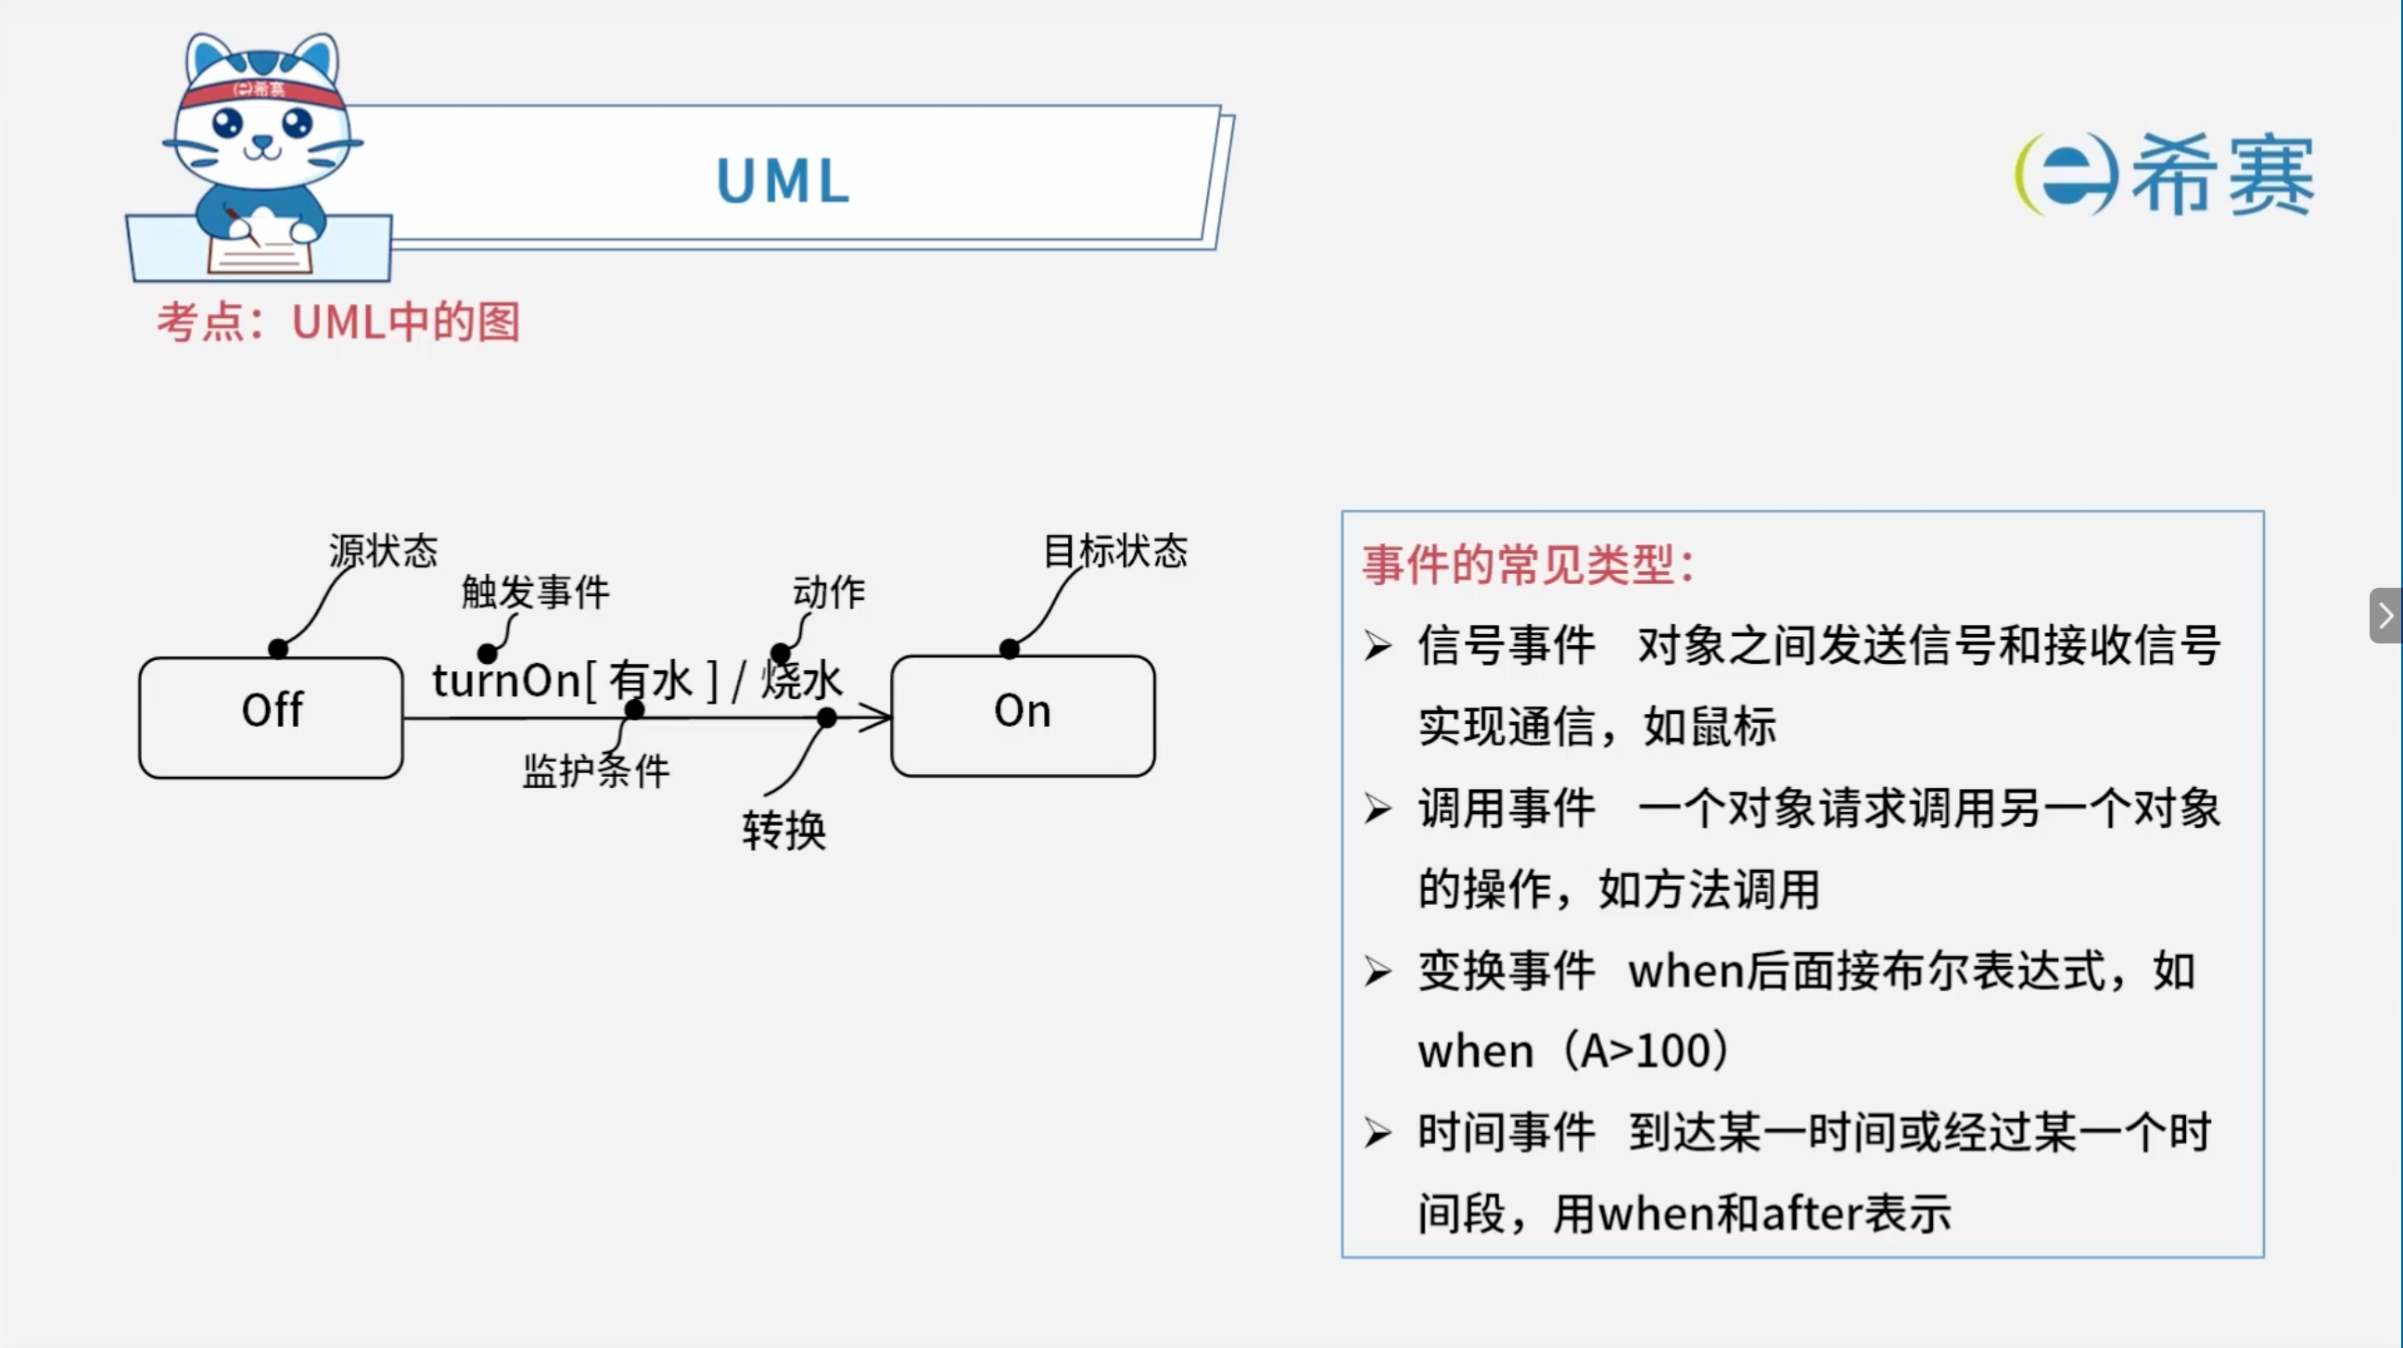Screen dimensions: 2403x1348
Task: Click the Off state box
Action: [271, 718]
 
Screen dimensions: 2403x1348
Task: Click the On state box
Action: [1023, 716]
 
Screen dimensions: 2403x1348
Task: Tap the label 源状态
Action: [384, 551]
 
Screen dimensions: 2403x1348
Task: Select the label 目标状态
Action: [1115, 551]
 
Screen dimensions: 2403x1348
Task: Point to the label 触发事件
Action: [536, 591]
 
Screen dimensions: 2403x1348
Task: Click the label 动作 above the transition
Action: [830, 591]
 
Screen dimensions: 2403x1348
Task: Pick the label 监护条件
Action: [596, 770]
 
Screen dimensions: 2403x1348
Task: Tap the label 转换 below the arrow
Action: [784, 830]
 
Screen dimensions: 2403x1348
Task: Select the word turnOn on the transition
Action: [506, 680]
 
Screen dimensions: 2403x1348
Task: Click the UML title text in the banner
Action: [783, 180]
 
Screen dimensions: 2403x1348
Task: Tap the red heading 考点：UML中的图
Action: [338, 322]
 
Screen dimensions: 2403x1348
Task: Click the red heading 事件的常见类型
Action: [1528, 565]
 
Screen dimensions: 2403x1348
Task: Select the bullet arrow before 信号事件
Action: [1378, 645]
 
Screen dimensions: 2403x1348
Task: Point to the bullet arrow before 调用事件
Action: [1378, 808]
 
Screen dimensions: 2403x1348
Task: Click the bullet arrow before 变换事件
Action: [1378, 971]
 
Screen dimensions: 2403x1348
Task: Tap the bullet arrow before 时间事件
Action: [1378, 1134]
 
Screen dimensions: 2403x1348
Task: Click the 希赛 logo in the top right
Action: [2164, 174]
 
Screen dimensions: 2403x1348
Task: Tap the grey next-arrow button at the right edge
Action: [2385, 616]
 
